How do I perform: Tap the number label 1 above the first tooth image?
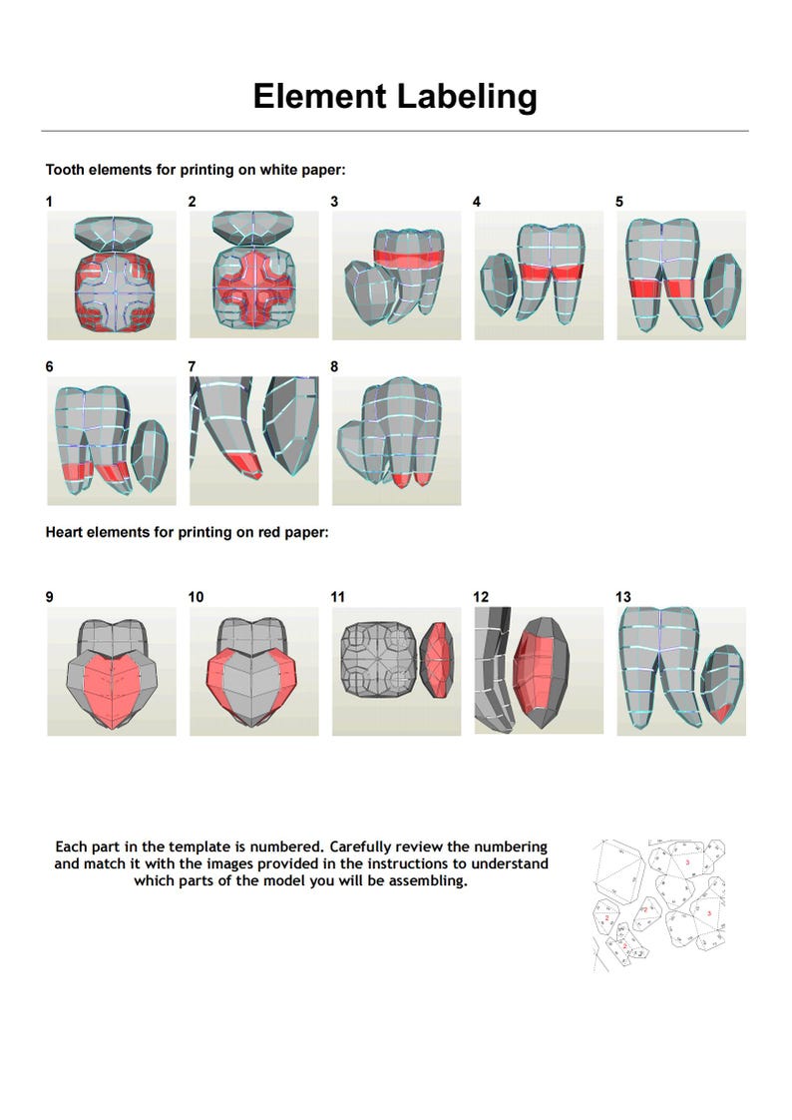(x=49, y=202)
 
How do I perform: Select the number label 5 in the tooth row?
(x=619, y=202)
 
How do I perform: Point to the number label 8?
(x=334, y=366)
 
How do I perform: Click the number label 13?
(x=623, y=597)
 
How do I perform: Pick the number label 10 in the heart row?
(x=196, y=597)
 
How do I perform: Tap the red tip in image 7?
(x=243, y=463)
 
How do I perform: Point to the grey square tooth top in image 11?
(x=377, y=661)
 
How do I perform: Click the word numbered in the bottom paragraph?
(x=276, y=846)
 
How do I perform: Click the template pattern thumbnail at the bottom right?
(x=658, y=903)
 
